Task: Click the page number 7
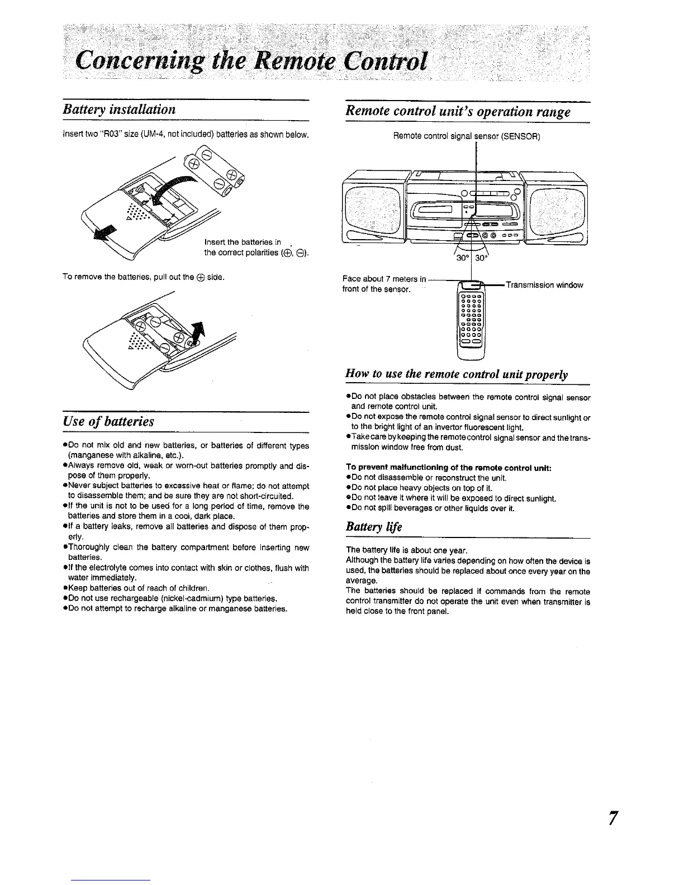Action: click(614, 818)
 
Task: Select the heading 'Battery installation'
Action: click(119, 109)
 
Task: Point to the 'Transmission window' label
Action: click(544, 285)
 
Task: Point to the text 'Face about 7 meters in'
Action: click(384, 279)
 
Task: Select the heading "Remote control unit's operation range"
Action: click(458, 111)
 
